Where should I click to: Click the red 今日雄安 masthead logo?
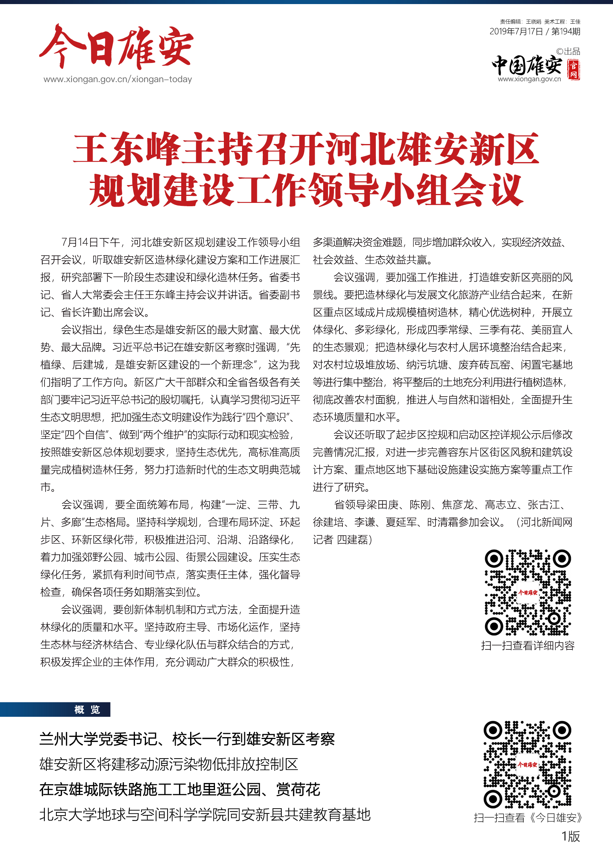click(x=116, y=47)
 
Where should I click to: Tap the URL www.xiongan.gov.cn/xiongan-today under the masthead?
click(x=117, y=79)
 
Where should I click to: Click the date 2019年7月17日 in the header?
click(x=516, y=32)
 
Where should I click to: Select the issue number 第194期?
click(x=566, y=32)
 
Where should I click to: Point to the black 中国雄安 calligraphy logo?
click(x=527, y=66)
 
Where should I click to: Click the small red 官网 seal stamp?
click(x=573, y=70)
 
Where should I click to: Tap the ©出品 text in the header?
click(x=568, y=51)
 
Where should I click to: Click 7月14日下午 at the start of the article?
click(x=90, y=242)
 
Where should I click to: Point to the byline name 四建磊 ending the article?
click(x=352, y=540)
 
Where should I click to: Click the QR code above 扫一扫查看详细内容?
click(x=528, y=592)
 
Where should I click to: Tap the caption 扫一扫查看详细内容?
click(x=528, y=646)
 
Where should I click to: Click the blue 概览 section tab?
click(x=87, y=709)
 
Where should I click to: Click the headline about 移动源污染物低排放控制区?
click(x=169, y=764)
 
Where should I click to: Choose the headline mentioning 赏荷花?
click(x=180, y=789)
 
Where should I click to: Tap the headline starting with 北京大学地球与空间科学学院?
click(x=205, y=815)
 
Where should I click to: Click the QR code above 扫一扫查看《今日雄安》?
click(x=528, y=764)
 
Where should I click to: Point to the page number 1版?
click(x=570, y=836)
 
